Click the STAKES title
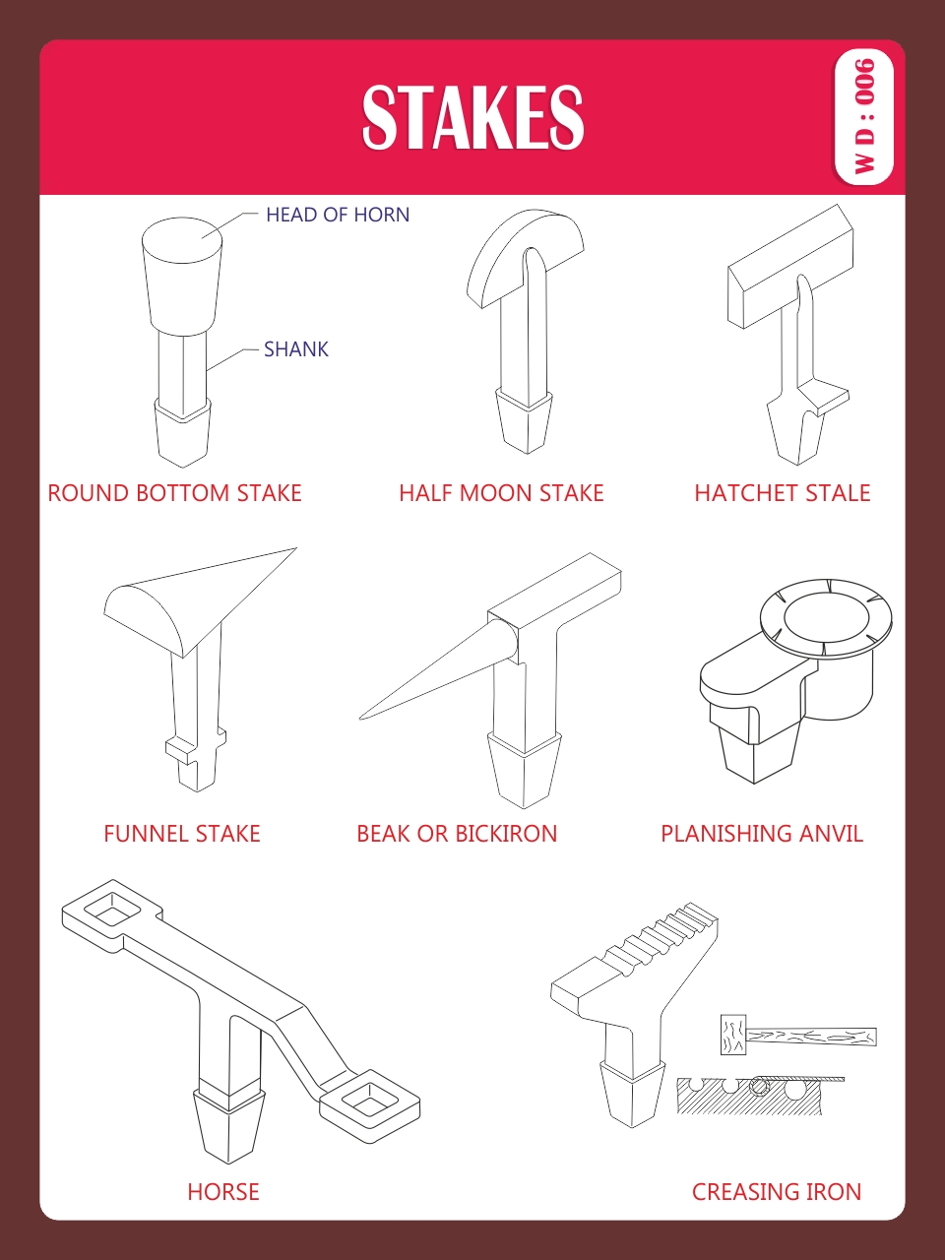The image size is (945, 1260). [472, 117]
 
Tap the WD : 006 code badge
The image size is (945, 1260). [863, 116]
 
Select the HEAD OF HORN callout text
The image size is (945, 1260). [338, 215]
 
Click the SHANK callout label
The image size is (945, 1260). [296, 349]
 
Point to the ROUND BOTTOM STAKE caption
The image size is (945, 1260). [174, 493]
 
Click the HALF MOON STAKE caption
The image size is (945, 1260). [501, 493]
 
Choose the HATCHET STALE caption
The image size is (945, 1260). [783, 493]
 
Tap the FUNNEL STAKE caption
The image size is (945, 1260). [182, 834]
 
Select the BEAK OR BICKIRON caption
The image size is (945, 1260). [457, 834]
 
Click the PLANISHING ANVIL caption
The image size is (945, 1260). [762, 834]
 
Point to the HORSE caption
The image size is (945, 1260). [223, 1192]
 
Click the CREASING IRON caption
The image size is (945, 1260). [777, 1192]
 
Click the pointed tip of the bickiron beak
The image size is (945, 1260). [360, 719]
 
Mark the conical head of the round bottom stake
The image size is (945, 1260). [182, 276]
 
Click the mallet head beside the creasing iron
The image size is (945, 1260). [733, 1034]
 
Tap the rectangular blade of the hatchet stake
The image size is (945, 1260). [790, 267]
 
